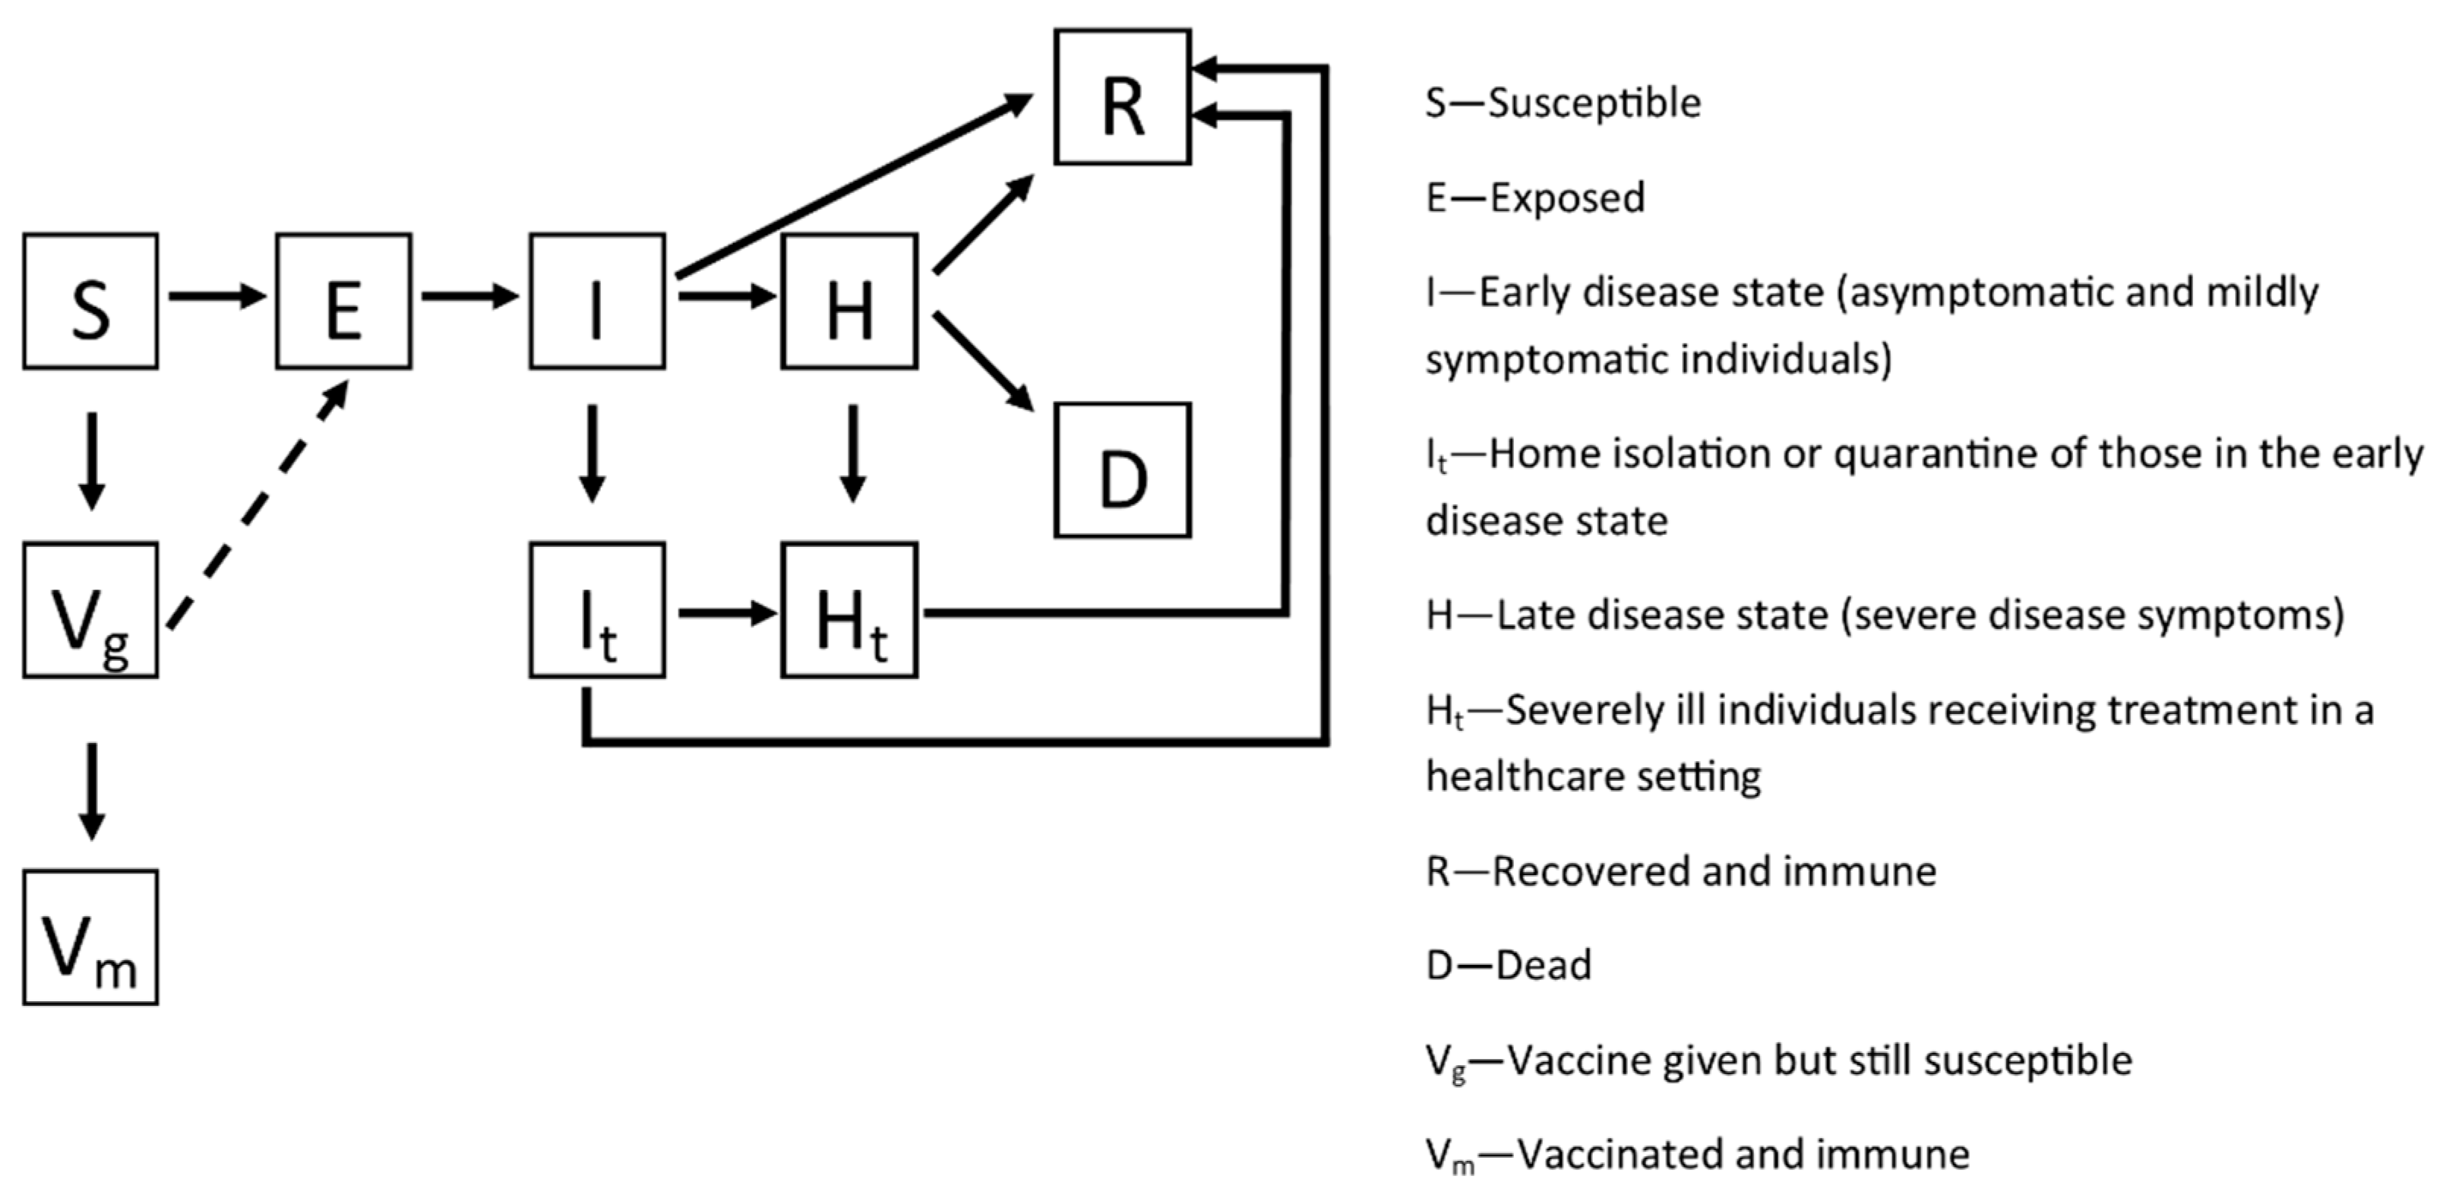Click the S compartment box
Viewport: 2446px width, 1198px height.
click(x=90, y=301)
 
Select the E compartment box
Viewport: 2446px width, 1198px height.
click(x=343, y=301)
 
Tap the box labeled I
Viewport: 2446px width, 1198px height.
click(x=597, y=301)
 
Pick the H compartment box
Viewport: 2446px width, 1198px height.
click(x=849, y=301)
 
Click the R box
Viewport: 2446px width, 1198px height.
click(x=1123, y=96)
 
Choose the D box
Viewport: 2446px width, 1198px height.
click(x=1123, y=470)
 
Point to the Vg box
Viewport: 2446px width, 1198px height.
click(x=90, y=609)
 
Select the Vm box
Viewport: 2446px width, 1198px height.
click(x=90, y=937)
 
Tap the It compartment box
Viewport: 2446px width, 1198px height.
click(x=597, y=609)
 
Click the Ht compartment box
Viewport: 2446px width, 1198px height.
click(x=849, y=609)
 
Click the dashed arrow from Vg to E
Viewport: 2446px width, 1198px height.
click(x=257, y=505)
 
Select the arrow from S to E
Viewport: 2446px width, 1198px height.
click(x=216, y=296)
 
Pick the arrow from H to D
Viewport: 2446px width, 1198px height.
click(x=983, y=361)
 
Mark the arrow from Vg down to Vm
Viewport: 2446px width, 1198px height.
click(x=91, y=790)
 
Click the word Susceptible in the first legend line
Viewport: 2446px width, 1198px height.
click(x=1594, y=103)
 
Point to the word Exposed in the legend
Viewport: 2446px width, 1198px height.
click(x=1568, y=198)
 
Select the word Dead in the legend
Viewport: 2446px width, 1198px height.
click(x=1543, y=966)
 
